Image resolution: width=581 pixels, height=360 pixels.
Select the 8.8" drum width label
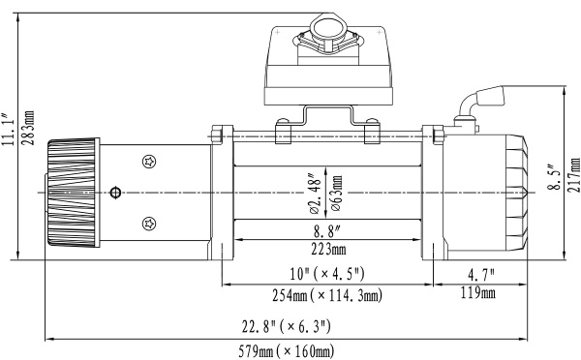tap(328, 232)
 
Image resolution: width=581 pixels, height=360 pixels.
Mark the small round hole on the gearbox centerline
tap(115, 192)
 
